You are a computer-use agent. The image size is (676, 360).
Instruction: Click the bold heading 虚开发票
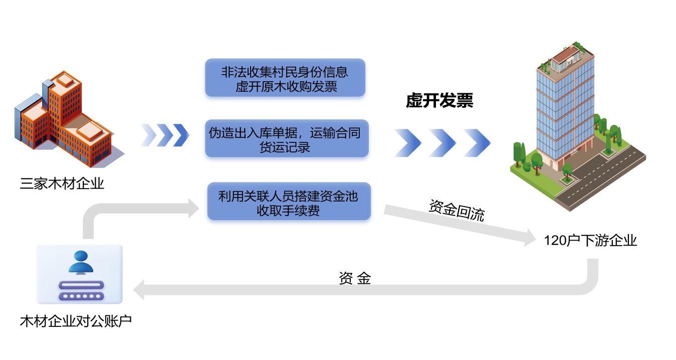tap(439, 101)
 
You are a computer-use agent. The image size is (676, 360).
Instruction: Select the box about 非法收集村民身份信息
tap(285, 78)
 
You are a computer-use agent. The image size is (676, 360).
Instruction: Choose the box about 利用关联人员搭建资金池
tap(289, 202)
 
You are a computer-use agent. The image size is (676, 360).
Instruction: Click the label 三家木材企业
tap(62, 184)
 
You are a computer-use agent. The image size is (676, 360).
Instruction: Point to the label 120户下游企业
tap(590, 241)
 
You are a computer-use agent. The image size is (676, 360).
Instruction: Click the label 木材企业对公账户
tap(76, 321)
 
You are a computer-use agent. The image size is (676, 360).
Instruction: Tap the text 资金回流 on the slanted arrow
tap(457, 210)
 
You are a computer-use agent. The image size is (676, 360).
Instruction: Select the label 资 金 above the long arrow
tap(355, 278)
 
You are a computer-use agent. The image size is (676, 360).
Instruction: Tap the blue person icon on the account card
tap(81, 262)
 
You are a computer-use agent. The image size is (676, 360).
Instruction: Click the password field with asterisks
tap(81, 296)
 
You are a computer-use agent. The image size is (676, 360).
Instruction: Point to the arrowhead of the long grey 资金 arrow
tap(139, 290)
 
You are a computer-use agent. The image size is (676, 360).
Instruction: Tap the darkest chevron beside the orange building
tap(181, 135)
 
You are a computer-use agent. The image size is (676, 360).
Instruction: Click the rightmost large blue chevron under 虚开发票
tap(477, 142)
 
